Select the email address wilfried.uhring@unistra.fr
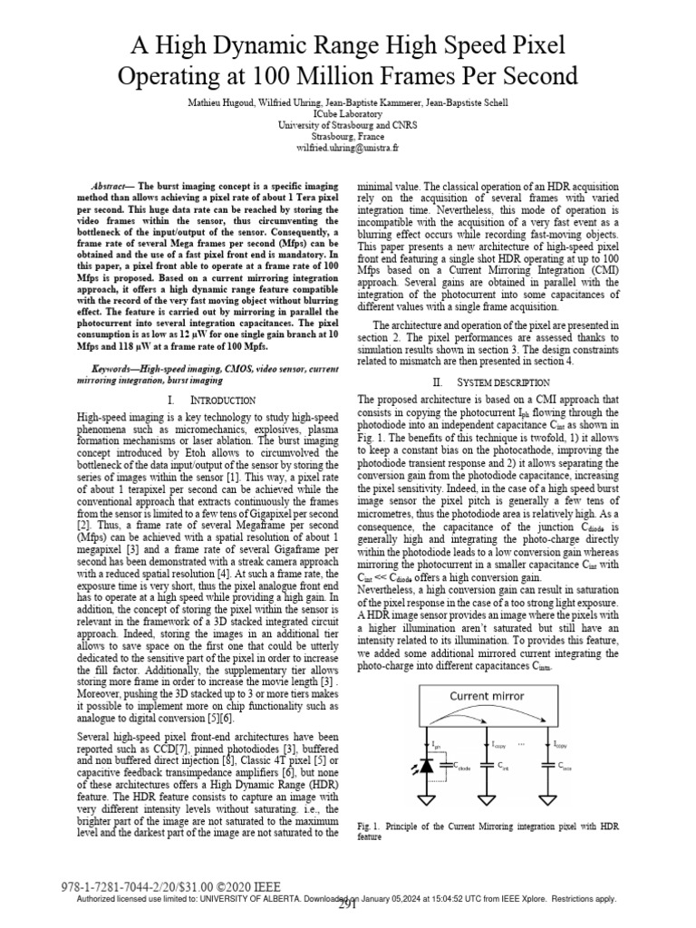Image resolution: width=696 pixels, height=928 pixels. [348, 147]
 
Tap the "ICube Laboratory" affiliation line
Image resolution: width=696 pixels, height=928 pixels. [348, 113]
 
